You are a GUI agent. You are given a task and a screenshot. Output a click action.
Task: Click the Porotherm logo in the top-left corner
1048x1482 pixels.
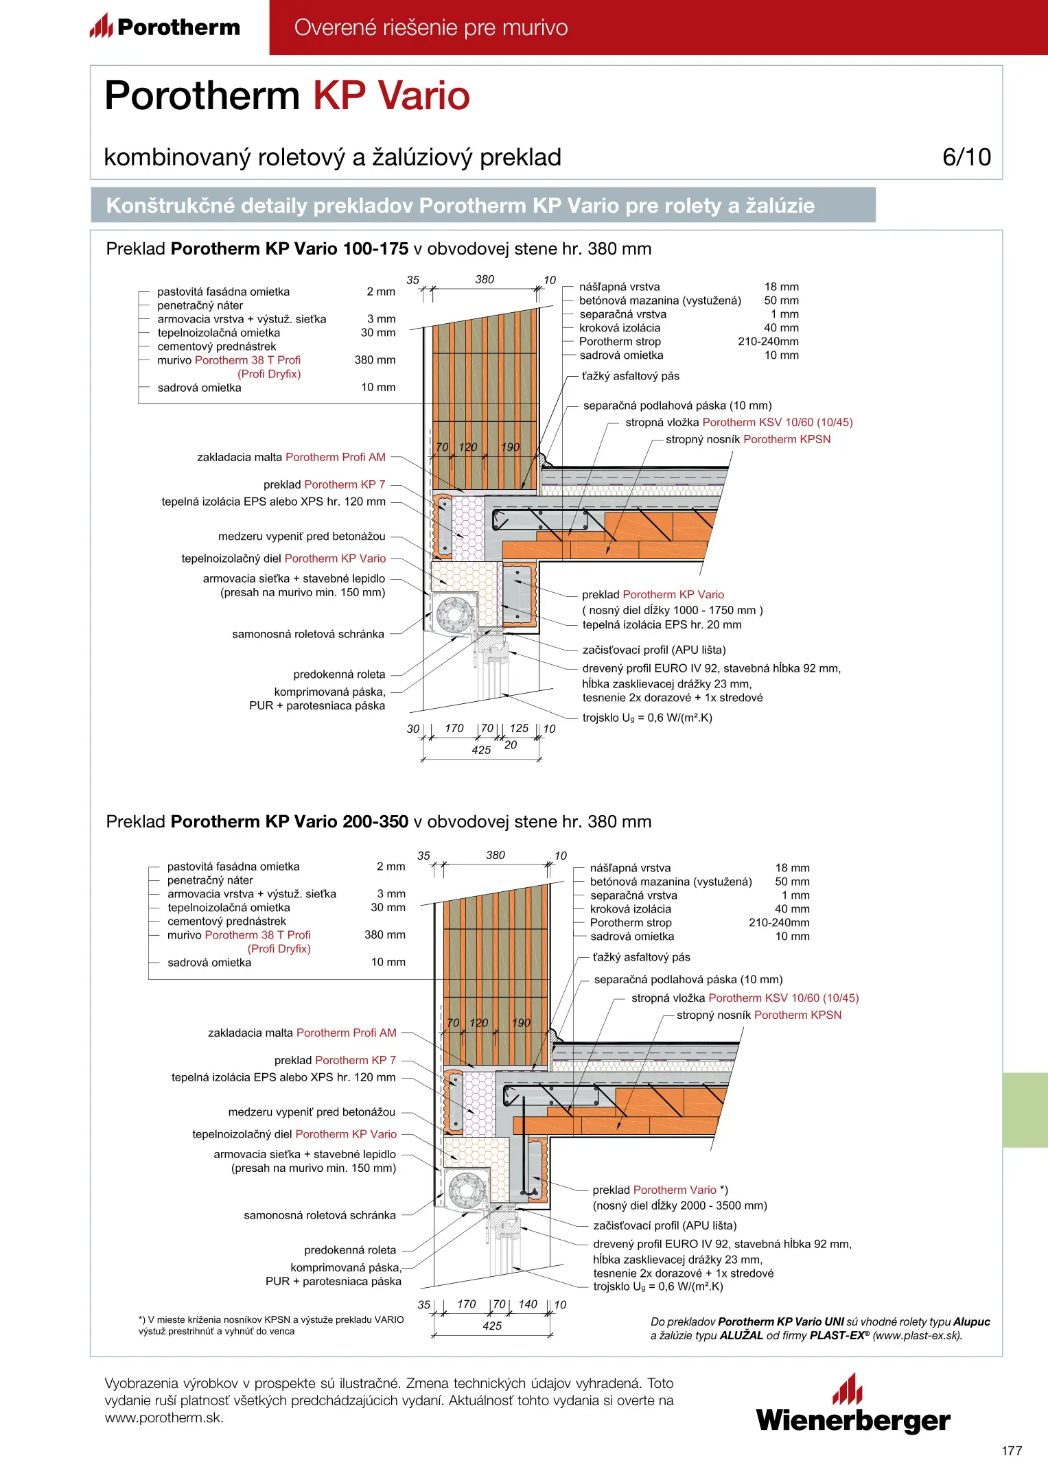[165, 27]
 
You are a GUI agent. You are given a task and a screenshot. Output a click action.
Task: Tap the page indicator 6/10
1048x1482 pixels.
[966, 157]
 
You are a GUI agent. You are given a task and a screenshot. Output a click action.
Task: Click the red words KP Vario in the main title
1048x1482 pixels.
[391, 95]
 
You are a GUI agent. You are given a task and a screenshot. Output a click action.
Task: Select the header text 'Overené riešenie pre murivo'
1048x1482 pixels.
[430, 27]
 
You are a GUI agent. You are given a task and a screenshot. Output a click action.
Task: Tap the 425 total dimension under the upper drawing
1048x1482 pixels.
[481, 750]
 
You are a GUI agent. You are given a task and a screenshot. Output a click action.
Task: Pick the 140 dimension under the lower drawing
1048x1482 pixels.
[528, 1304]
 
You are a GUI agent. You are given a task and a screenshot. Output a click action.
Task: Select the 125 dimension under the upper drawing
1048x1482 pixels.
[519, 728]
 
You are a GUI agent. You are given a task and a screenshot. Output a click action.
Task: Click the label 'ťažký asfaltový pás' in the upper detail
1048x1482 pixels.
[631, 376]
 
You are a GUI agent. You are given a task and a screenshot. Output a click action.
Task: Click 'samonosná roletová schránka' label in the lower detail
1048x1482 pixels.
[319, 1215]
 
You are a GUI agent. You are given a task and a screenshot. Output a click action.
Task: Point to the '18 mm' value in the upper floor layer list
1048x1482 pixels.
[781, 287]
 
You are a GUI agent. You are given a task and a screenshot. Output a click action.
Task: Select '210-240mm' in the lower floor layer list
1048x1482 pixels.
[779, 923]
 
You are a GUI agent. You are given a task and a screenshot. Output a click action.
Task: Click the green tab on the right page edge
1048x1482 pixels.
[1025, 1109]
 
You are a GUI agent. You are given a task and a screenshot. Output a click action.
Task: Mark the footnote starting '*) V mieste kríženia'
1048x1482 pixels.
[271, 1325]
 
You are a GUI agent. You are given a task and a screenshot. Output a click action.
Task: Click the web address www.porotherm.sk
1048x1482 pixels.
[163, 1418]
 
